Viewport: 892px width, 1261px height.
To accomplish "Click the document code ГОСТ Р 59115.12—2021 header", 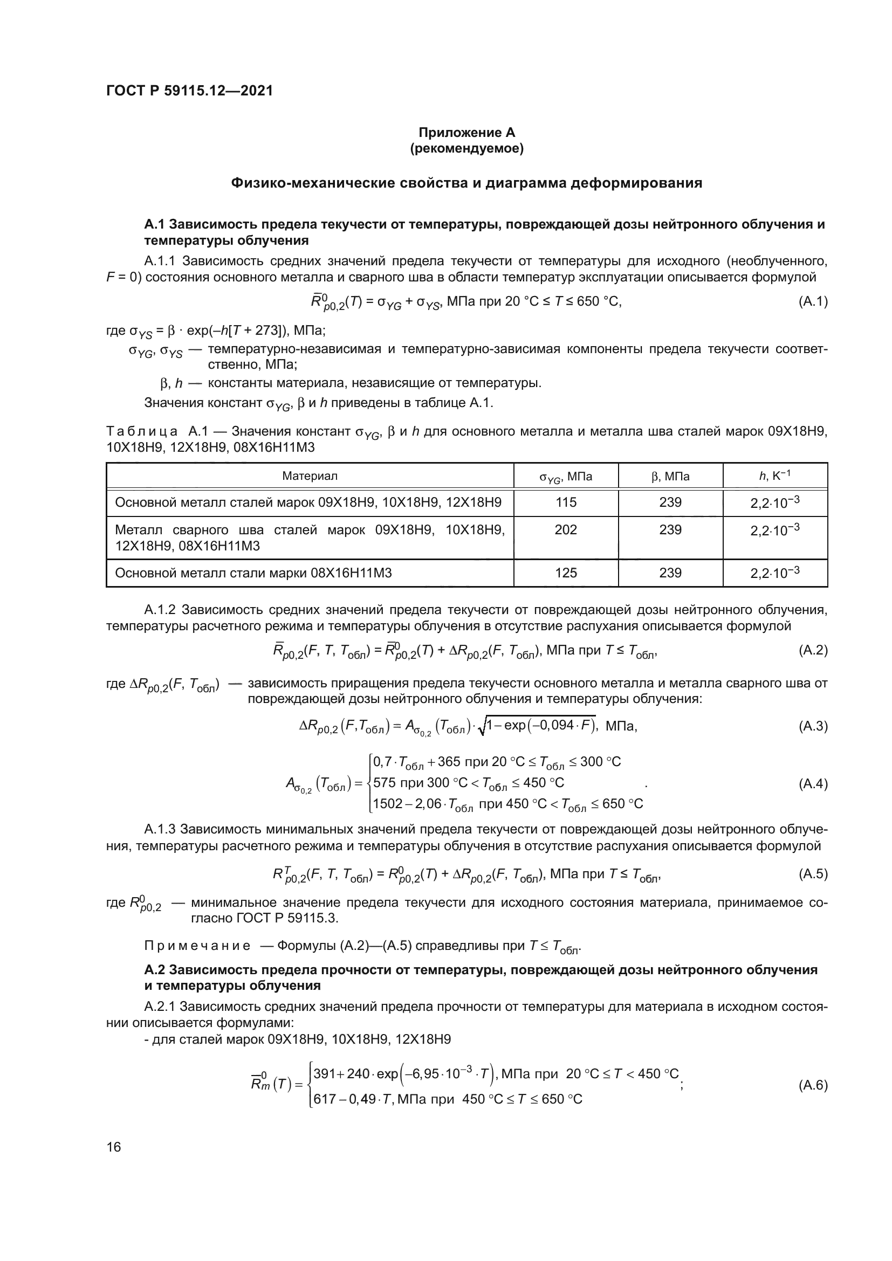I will [x=189, y=91].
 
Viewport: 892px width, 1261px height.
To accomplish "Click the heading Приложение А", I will [x=467, y=133].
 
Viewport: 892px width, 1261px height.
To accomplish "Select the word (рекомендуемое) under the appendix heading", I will [x=467, y=148].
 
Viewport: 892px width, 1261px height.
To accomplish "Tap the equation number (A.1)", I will [x=812, y=301].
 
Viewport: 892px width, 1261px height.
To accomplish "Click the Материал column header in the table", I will [x=309, y=476].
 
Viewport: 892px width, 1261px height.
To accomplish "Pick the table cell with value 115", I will [x=566, y=502].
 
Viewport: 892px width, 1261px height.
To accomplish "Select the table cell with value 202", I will [x=566, y=529].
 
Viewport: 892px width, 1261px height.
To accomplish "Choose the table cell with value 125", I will [x=566, y=573].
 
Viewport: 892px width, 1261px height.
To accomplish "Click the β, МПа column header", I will [x=670, y=476].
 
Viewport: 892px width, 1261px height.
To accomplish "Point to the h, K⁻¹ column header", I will [x=774, y=476].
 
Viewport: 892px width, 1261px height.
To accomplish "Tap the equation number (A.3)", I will [x=812, y=726].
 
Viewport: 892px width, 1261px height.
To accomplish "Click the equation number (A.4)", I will [x=812, y=784].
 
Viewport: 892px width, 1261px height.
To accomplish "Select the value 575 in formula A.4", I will [x=384, y=783].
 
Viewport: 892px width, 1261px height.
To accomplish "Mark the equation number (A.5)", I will [x=812, y=874].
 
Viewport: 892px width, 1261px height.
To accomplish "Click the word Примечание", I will [x=197, y=946].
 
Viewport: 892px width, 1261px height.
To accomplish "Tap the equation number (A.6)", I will [x=812, y=1085].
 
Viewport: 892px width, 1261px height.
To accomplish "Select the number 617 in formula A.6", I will [x=325, y=1098].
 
